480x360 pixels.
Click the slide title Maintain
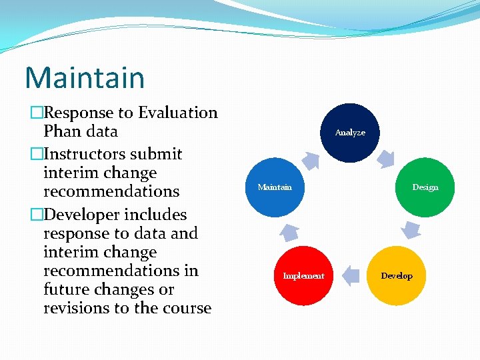click(85, 77)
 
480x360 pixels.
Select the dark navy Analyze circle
click(350, 132)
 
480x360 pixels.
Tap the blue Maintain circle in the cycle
click(275, 187)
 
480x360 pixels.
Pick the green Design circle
click(425, 187)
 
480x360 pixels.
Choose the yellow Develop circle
click(397, 275)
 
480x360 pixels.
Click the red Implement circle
click(303, 275)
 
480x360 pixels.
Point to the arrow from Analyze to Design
click(387, 158)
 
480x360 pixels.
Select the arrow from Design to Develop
click(411, 230)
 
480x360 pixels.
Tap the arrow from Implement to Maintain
click(289, 231)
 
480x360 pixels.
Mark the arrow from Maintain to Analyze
click(311, 159)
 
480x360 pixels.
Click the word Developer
click(73, 215)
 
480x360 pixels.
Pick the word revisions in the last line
click(74, 308)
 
